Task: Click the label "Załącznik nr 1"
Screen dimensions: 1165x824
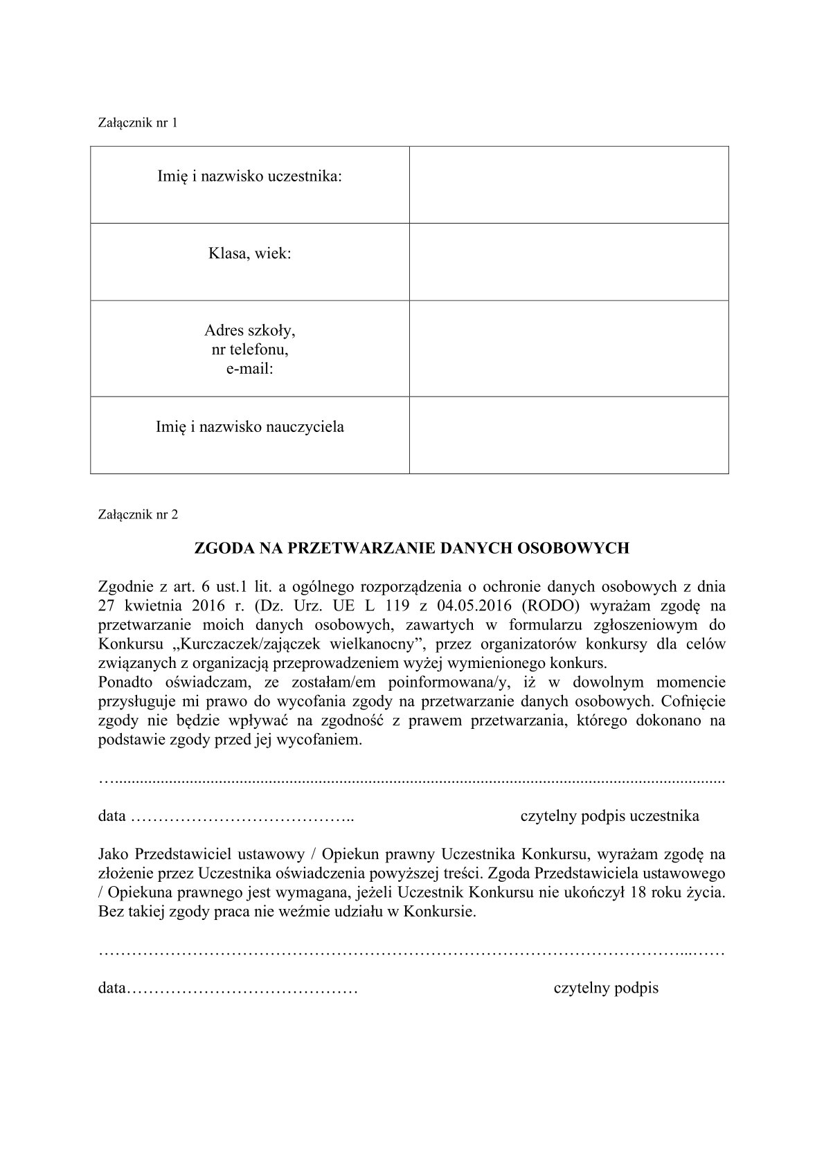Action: (138, 123)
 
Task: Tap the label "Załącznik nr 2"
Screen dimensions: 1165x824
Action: (138, 514)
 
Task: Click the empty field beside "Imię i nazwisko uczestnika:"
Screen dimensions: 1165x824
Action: (568, 184)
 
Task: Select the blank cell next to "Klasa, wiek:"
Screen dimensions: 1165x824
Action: (568, 262)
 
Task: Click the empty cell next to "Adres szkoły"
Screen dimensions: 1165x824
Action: (568, 348)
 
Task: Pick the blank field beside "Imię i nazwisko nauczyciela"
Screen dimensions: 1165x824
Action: (568, 435)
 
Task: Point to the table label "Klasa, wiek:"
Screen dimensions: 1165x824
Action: (249, 254)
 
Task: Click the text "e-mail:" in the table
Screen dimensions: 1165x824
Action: (249, 369)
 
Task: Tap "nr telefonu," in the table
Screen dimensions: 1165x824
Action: (249, 350)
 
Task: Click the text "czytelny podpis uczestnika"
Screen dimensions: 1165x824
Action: (609, 816)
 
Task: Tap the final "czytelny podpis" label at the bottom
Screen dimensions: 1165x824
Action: (606, 988)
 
